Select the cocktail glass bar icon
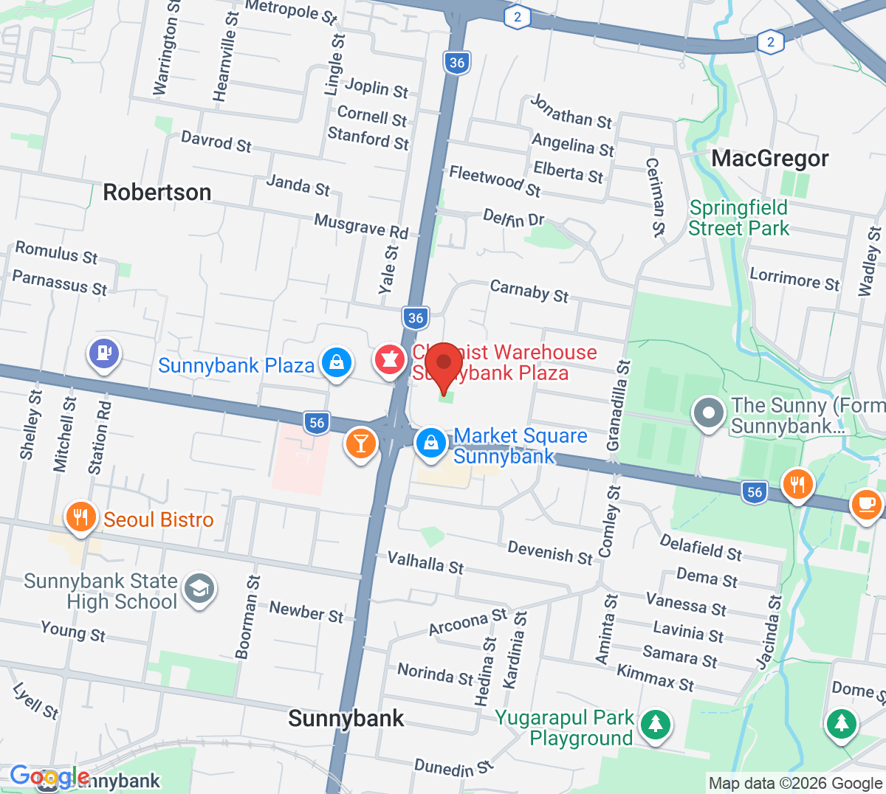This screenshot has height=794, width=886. (x=360, y=443)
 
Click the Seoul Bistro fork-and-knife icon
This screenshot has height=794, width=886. (x=81, y=517)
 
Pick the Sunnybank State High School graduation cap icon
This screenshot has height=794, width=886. (x=199, y=589)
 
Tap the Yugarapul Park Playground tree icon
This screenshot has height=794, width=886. (x=655, y=725)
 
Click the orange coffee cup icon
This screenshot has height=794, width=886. (x=865, y=505)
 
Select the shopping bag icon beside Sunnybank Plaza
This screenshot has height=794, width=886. (x=337, y=363)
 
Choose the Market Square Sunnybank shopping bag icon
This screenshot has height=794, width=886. (x=430, y=443)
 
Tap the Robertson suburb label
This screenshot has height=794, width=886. (x=157, y=193)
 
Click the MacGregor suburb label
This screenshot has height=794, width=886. (x=770, y=159)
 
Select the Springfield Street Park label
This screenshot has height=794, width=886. (x=738, y=218)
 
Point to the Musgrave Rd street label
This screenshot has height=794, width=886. (x=361, y=226)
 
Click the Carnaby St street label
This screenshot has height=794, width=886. (x=529, y=291)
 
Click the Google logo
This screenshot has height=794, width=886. (x=49, y=776)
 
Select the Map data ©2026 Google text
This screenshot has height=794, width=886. (x=795, y=784)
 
